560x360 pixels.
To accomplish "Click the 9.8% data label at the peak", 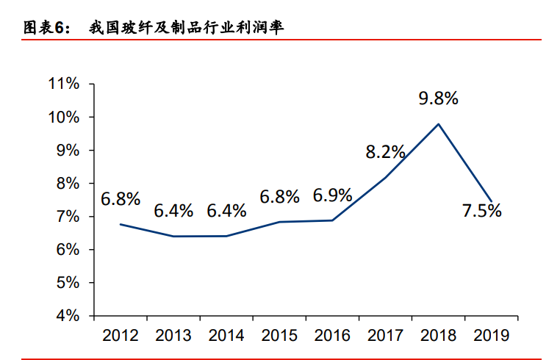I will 438,98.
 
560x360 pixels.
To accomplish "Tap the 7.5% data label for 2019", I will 481,211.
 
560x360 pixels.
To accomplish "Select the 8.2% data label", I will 385,152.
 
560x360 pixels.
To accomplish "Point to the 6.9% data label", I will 332,196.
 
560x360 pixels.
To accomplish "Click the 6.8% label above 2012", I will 121,198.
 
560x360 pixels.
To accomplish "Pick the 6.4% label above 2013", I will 173,211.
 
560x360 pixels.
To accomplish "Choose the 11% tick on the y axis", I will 64,84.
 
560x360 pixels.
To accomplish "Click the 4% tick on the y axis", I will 68,316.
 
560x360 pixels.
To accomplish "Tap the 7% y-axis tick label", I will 68,217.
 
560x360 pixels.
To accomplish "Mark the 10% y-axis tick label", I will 64,117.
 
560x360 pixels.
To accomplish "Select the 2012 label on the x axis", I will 121,336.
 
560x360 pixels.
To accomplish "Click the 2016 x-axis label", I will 332,336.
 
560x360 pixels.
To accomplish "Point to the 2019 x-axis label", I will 492,336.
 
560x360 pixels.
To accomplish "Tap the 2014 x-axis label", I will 226,336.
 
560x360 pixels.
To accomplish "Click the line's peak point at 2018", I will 439,123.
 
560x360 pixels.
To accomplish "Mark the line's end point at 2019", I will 492,201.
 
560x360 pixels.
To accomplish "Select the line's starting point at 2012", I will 121,224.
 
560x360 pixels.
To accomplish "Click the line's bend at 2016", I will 332,220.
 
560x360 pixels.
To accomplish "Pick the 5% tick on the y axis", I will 68,283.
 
